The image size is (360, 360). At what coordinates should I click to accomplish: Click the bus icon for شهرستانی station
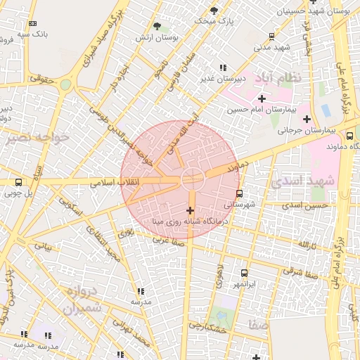(239, 193)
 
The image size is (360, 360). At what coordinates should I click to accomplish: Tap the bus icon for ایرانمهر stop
(244, 273)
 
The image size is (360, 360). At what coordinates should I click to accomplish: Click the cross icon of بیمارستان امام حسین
(262, 98)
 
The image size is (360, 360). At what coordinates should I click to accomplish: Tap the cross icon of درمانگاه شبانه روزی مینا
(190, 210)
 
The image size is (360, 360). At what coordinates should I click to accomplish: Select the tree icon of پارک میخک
(214, 11)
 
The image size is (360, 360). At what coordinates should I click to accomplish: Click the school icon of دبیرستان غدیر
(223, 67)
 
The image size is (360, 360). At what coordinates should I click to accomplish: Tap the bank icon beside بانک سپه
(32, 22)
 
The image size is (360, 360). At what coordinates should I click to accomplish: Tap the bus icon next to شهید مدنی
(271, 37)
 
